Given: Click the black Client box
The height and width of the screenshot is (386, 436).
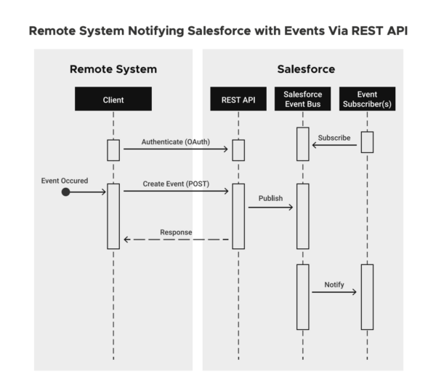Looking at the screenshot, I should pos(113,99).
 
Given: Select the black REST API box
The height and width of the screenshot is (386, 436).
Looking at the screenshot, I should pos(238,99).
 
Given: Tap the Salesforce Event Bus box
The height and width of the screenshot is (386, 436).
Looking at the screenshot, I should pos(302,99).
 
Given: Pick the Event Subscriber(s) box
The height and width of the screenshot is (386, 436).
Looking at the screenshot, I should pos(367,99).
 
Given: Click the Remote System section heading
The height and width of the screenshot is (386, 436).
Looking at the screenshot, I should pos(113,69).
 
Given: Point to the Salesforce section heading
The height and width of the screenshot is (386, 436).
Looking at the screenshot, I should pos(306,69).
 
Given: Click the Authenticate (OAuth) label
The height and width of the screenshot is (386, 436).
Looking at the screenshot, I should pos(176,141).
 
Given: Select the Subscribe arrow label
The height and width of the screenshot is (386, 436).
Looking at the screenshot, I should pos(334,137).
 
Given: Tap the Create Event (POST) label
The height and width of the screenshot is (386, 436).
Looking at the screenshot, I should pos(176,184).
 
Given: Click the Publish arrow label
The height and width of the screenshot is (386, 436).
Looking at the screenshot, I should pos(271,198).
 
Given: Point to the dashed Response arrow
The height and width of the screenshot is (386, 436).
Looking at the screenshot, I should pos(176,240).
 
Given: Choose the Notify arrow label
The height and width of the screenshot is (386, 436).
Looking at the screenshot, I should pos(334,284).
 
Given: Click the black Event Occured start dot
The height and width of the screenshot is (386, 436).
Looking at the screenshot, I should pos(66,192).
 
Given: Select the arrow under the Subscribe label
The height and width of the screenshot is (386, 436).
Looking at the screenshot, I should pos(334,146).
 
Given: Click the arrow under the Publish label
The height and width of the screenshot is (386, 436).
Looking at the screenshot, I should pos(270,208).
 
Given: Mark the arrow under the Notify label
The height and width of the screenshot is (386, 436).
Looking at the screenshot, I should pos(334,293).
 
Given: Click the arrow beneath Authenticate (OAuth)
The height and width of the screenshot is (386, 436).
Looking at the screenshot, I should pos(176,149).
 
